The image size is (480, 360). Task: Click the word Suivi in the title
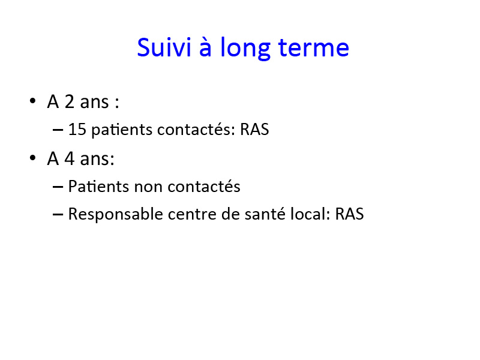click(x=164, y=47)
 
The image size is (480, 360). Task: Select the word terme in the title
click(x=313, y=48)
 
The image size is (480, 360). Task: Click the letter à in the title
click(x=205, y=47)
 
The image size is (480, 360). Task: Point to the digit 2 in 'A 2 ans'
click(x=70, y=101)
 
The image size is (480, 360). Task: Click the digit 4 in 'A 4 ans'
click(x=70, y=158)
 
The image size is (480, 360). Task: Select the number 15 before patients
click(x=77, y=129)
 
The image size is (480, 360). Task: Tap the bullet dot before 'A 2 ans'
click(x=32, y=101)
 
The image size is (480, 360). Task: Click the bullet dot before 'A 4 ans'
click(x=32, y=158)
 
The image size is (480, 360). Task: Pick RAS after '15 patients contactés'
click(x=254, y=129)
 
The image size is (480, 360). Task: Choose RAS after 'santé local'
click(x=349, y=214)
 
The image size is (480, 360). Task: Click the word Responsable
click(x=116, y=214)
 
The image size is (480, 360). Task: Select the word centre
click(x=192, y=214)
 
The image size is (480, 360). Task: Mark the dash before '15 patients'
click(x=58, y=130)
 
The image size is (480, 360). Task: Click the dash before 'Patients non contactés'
click(x=58, y=187)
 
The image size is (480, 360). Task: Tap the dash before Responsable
click(x=58, y=215)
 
